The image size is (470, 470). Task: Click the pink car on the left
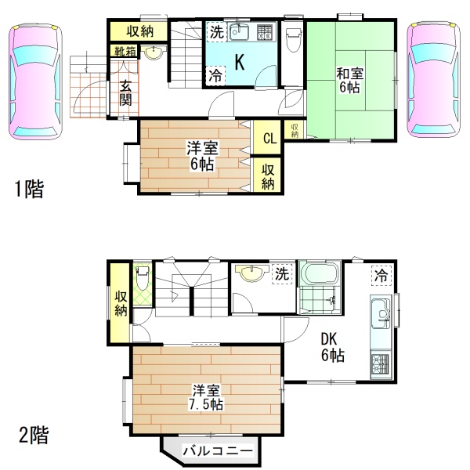pyautogui.click(x=35, y=81)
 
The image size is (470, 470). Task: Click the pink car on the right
pyautogui.click(x=433, y=79)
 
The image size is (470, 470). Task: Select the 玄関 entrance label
pyautogui.click(x=125, y=93)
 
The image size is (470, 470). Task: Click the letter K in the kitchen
pyautogui.click(x=239, y=63)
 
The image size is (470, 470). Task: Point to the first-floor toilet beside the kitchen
pyautogui.click(x=292, y=40)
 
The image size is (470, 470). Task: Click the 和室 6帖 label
pyautogui.click(x=350, y=80)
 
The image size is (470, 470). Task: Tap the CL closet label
pyautogui.click(x=269, y=138)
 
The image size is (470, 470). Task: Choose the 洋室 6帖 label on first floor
pyautogui.click(x=202, y=156)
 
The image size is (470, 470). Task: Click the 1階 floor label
pyautogui.click(x=30, y=189)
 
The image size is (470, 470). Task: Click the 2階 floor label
pyautogui.click(x=34, y=435)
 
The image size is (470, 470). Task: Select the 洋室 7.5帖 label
pyautogui.click(x=207, y=397)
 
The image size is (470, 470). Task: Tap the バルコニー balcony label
pyautogui.click(x=218, y=450)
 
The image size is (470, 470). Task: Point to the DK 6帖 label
pyautogui.click(x=333, y=347)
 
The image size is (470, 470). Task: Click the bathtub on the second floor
pyautogui.click(x=320, y=273)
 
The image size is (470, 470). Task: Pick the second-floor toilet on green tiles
pyautogui.click(x=143, y=278)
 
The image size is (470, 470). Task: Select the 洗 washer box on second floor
pyautogui.click(x=282, y=273)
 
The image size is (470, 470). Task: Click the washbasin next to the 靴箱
pyautogui.click(x=154, y=53)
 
